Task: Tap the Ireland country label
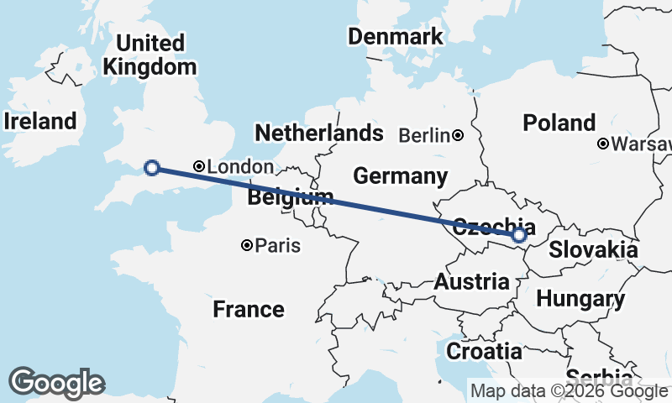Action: click(x=39, y=121)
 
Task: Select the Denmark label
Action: click(x=395, y=37)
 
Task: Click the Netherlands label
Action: click(x=318, y=133)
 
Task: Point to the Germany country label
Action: click(x=400, y=176)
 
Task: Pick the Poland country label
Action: click(x=559, y=123)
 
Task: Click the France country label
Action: click(x=248, y=309)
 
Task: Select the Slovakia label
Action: click(x=593, y=249)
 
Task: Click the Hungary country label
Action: click(x=580, y=298)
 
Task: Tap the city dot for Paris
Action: click(x=247, y=245)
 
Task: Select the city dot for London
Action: click(x=199, y=167)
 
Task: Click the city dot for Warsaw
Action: click(x=603, y=144)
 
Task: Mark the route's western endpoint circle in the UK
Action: click(x=152, y=168)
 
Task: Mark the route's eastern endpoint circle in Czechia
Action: click(x=519, y=235)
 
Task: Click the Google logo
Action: click(x=56, y=383)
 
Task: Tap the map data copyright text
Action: click(x=569, y=390)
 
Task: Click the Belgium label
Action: click(x=286, y=198)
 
